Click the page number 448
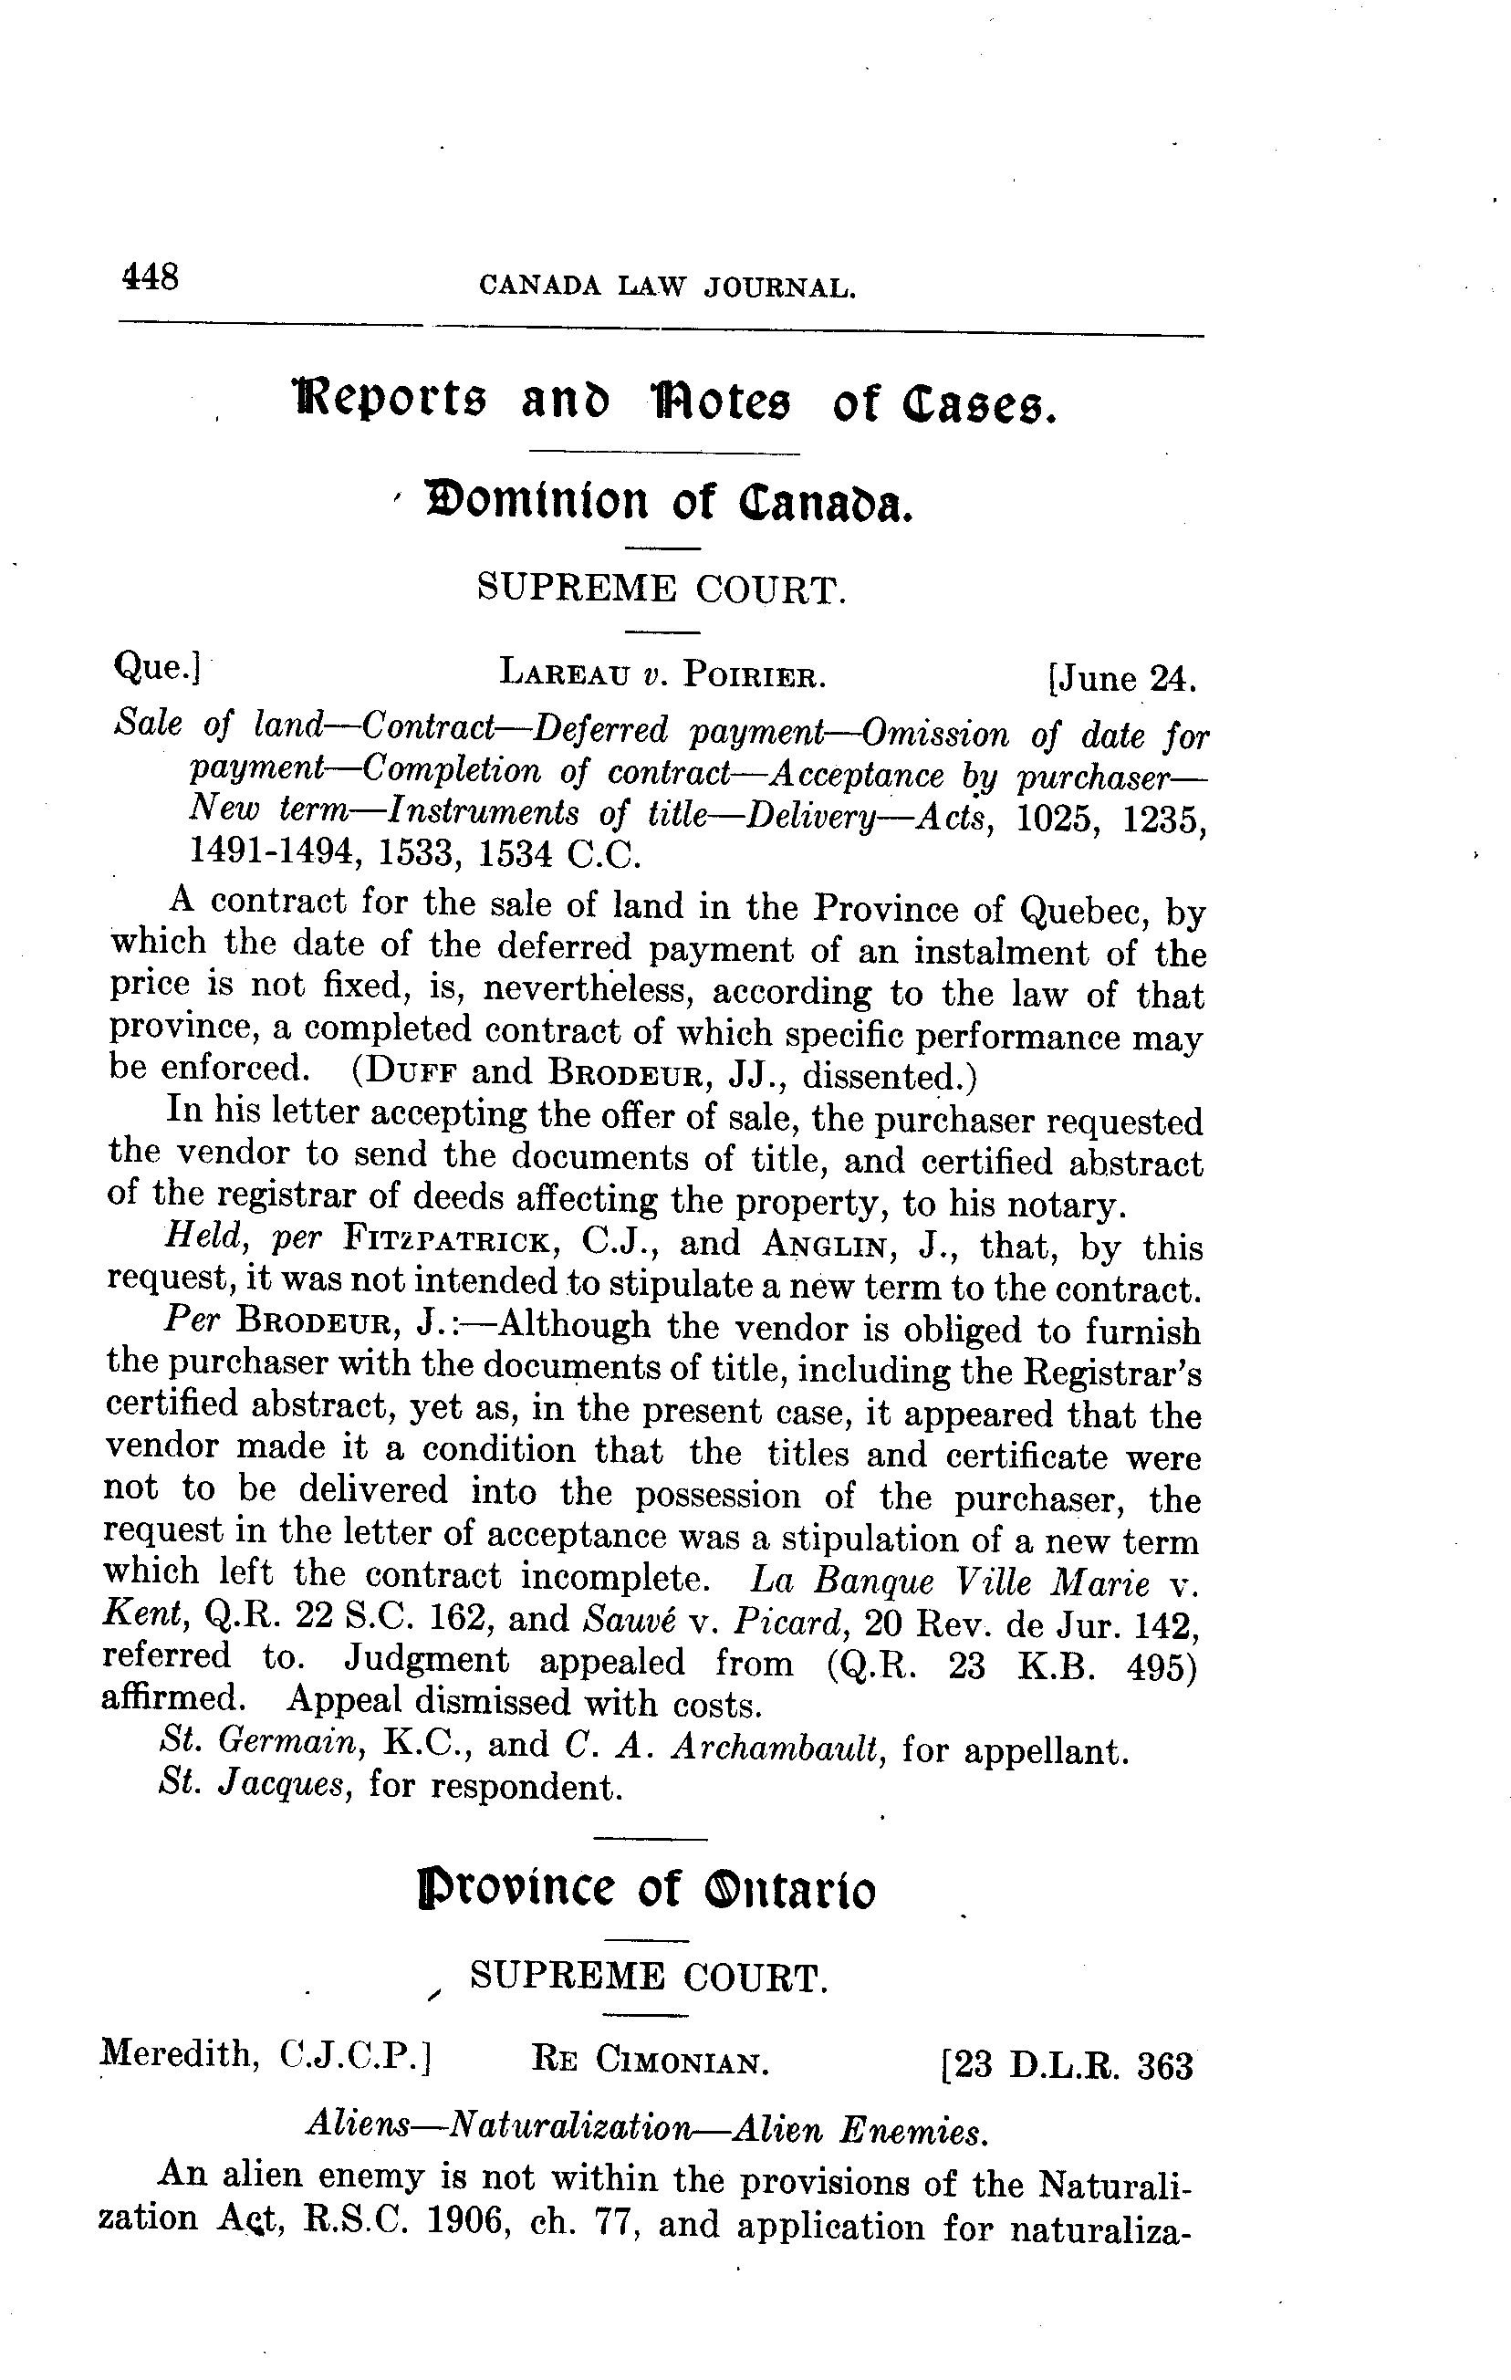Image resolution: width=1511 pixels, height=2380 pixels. point(150,276)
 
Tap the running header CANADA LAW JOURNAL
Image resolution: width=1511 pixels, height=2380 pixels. point(666,287)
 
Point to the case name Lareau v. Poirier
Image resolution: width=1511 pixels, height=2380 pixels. point(662,676)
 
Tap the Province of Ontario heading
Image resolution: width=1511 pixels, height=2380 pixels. point(647,1890)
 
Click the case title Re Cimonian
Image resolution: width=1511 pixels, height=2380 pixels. point(651,2062)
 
